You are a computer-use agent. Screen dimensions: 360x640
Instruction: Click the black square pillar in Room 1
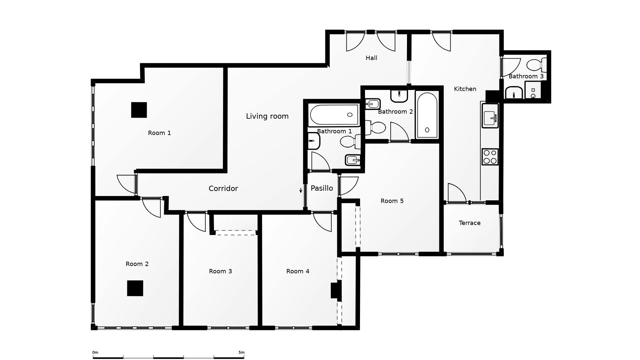tap(139, 110)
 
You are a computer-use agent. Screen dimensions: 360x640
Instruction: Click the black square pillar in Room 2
tap(135, 288)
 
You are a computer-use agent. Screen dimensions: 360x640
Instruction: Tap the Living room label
tap(267, 116)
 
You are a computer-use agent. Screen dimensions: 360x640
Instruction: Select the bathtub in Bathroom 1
tap(334, 115)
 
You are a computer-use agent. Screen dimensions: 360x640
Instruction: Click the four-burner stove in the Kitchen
tap(490, 157)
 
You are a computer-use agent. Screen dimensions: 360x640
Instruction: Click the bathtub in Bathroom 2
tap(427, 115)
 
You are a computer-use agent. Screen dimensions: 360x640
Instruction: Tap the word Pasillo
tap(322, 188)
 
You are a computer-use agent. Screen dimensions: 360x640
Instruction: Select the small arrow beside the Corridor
tap(301, 190)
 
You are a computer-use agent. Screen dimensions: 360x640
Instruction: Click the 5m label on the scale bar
tap(241, 352)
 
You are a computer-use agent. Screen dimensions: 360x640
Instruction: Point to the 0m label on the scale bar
tap(95, 352)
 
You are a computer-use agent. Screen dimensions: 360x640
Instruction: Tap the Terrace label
tap(469, 223)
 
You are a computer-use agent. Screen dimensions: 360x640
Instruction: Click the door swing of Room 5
tap(348, 185)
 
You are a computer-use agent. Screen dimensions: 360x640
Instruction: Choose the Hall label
tap(371, 58)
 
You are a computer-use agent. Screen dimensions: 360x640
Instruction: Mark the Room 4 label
tap(298, 271)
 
